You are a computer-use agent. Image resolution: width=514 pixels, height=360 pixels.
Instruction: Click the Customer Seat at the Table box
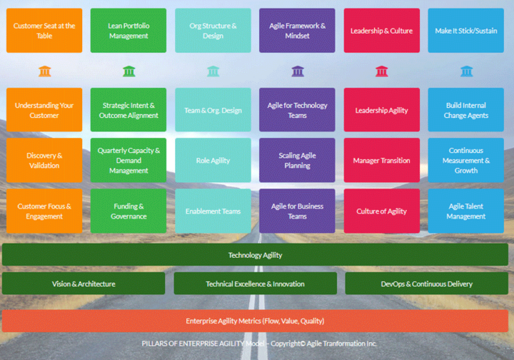[44, 31]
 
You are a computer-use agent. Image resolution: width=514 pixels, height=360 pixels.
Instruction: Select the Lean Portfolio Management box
[128, 31]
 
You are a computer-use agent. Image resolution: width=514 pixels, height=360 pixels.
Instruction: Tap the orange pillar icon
[45, 71]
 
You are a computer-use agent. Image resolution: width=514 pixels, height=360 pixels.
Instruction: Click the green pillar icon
[128, 71]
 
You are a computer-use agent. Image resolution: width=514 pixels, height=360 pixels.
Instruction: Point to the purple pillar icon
[298, 71]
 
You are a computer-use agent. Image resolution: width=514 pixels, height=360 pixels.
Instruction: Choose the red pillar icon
[382, 71]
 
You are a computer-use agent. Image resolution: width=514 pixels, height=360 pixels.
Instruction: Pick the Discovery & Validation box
[44, 161]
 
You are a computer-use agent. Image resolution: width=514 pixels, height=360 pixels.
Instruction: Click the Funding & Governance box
[128, 211]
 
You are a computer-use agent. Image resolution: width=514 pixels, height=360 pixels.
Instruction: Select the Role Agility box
[213, 161]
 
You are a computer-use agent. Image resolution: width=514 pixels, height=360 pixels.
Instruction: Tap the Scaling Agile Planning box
[298, 161]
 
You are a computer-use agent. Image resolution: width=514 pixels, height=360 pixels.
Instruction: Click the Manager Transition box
[382, 161]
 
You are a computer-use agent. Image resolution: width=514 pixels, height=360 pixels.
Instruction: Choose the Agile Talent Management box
[466, 211]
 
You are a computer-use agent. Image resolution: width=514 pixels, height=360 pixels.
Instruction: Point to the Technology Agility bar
[256, 255]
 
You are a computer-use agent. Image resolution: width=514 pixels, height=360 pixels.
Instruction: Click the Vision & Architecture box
[84, 284]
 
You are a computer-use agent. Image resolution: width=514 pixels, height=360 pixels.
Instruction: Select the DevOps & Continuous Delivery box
[426, 284]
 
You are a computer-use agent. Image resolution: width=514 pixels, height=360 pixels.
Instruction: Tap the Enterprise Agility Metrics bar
[256, 321]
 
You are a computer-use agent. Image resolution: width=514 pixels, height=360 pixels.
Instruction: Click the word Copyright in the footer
[284, 344]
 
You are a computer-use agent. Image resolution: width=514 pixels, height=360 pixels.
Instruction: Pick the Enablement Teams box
[213, 211]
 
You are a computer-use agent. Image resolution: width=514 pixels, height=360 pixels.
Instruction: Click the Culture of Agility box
[382, 211]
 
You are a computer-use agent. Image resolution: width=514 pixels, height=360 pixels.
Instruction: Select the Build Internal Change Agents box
[466, 110]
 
